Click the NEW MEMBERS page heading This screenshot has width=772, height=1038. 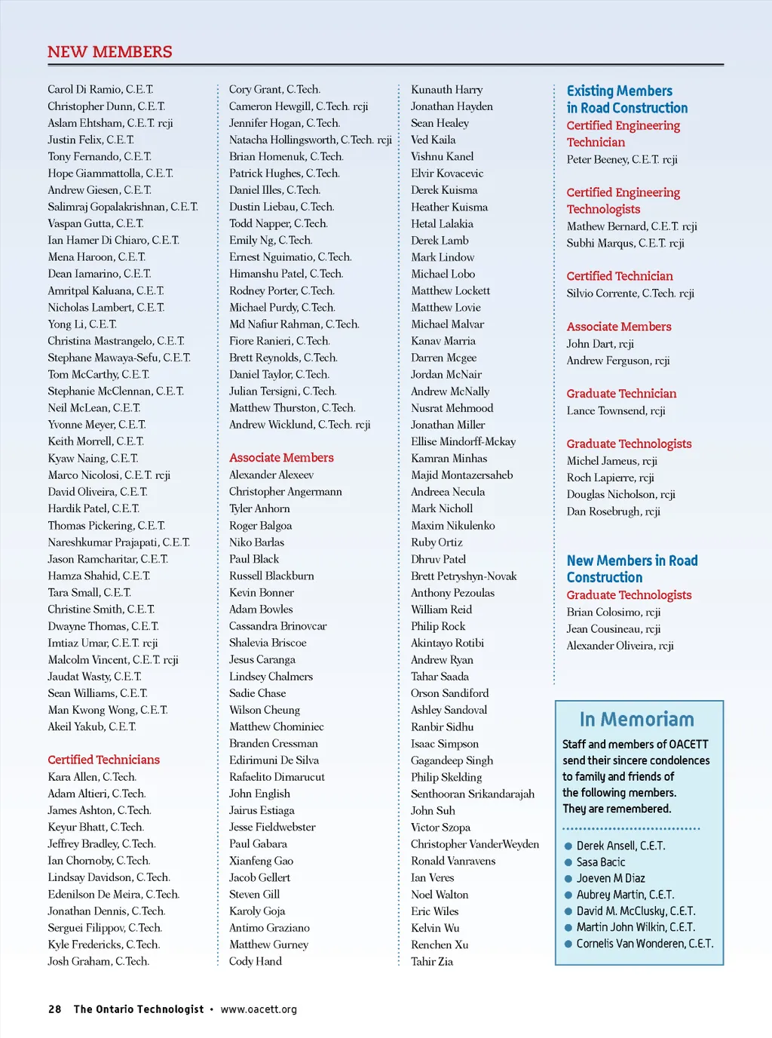(x=110, y=52)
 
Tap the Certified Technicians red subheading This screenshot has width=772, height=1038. (x=104, y=760)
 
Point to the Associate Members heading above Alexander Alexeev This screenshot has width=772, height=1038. (x=281, y=458)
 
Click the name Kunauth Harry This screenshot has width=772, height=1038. (x=446, y=90)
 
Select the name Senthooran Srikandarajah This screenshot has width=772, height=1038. (x=473, y=794)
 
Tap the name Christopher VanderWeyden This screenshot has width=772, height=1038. (x=475, y=844)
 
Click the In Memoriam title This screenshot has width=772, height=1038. (x=637, y=719)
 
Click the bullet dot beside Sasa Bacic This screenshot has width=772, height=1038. (x=568, y=862)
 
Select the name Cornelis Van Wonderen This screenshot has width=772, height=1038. (x=645, y=944)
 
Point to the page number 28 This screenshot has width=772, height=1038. (x=55, y=1009)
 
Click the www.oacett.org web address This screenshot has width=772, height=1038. (x=259, y=1009)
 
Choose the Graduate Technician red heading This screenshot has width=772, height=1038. (x=622, y=394)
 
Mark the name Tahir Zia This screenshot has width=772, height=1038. (x=432, y=962)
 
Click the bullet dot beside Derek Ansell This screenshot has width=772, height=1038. (x=568, y=846)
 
